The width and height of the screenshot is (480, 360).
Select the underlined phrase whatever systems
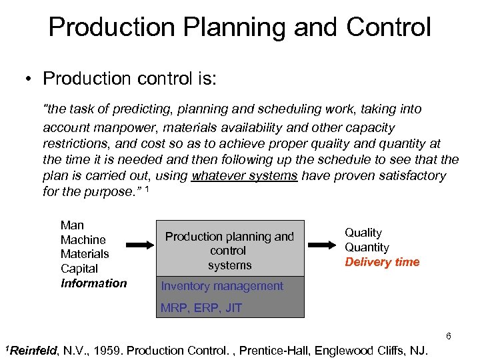pyautogui.click(x=245, y=176)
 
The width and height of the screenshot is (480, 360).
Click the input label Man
pyautogui.click(x=72, y=225)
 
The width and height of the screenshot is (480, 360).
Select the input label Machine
pyautogui.click(x=83, y=240)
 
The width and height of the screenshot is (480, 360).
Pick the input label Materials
pyautogui.click(x=85, y=254)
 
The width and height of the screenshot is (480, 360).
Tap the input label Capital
pyautogui.click(x=79, y=269)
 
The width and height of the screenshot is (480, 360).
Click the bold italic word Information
pyautogui.click(x=93, y=283)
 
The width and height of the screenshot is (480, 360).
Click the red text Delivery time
pyautogui.click(x=382, y=262)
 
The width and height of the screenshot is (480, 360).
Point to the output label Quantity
pyautogui.click(x=367, y=247)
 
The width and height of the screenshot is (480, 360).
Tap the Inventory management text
pyautogui.click(x=222, y=286)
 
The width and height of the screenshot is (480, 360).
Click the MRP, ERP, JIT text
pyautogui.click(x=201, y=308)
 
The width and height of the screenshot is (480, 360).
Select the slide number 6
pyautogui.click(x=449, y=336)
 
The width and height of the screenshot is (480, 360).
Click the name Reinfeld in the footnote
pyautogui.click(x=33, y=351)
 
